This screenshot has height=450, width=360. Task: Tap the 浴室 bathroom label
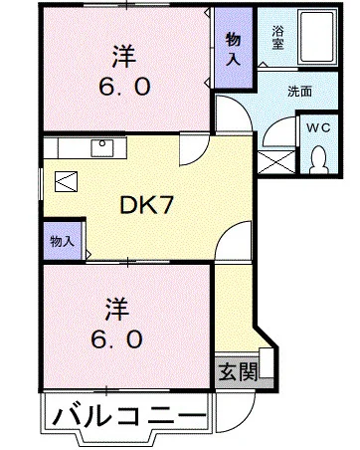pos(278,36)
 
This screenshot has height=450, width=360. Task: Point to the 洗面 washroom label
pos(298,91)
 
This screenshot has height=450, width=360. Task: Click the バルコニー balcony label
pos(129,414)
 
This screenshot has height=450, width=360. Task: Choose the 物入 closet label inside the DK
pos(61,240)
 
